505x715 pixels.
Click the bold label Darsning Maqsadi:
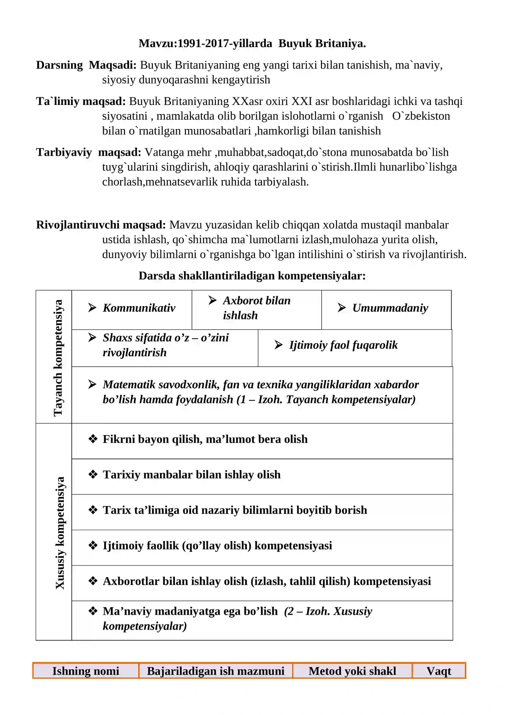[86, 65]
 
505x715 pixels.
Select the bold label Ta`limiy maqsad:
[81, 101]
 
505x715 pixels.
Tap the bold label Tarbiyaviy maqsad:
[88, 152]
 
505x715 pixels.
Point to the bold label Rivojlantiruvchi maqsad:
[101, 225]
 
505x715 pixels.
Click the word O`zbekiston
[421, 116]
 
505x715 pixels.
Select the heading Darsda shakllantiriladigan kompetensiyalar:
[252, 276]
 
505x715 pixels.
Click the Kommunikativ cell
[139, 308]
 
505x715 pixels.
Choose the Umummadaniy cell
[390, 308]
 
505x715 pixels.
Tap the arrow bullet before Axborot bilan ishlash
[212, 300]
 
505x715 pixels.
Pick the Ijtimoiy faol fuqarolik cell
[343, 345]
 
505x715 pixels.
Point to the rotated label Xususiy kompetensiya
[60, 533]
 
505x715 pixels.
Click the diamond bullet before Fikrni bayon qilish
[93, 439]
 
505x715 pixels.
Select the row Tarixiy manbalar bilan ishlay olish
[192, 474]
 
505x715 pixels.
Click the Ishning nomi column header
[86, 671]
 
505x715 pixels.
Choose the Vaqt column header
[438, 671]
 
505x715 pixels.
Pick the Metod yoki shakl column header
[352, 671]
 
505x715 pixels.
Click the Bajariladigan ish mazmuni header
[216, 671]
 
